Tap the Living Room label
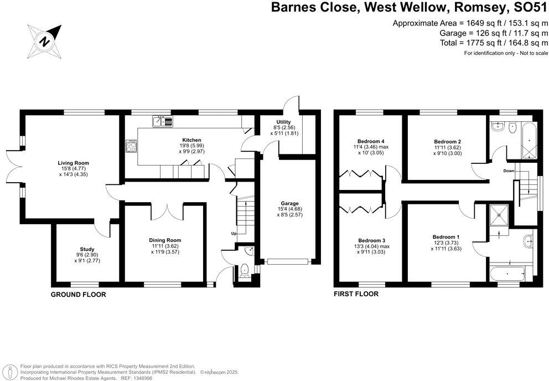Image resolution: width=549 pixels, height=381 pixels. [x=74, y=163]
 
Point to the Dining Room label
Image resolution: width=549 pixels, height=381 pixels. [x=166, y=240]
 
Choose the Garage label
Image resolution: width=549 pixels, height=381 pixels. [x=289, y=203]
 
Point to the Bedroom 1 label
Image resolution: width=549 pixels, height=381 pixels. [x=446, y=237]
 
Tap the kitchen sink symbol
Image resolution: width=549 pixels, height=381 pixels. [x=163, y=120]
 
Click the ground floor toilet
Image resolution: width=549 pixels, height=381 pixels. [x=244, y=271]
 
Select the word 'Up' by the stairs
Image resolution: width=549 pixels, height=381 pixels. [x=234, y=234]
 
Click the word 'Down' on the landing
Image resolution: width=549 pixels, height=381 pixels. [x=509, y=171]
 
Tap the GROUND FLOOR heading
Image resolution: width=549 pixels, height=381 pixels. [x=78, y=295]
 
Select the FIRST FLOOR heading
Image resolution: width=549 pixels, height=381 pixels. [x=356, y=294]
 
